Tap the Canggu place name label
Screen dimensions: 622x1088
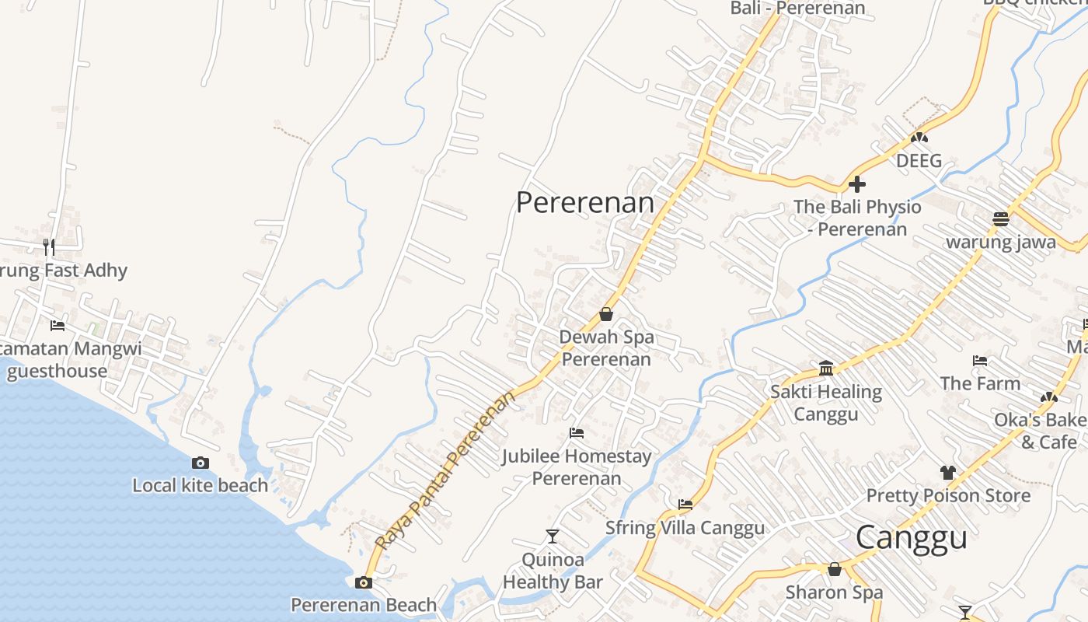911,538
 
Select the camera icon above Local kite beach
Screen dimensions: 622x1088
200,463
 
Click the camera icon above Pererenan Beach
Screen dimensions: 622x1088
363,582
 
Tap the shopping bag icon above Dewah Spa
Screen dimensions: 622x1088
606,315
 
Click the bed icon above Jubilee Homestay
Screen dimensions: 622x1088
577,433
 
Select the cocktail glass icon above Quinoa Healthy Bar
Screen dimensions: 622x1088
553,536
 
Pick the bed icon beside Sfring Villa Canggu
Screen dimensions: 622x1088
685,505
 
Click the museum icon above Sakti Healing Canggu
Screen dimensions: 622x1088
826,368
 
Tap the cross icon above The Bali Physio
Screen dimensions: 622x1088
857,184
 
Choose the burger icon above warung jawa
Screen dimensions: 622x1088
1001,218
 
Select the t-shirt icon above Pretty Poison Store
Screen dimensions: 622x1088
947,472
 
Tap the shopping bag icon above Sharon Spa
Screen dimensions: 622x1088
835,570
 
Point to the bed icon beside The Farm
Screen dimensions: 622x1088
980,361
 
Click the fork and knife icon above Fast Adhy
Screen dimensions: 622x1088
49,247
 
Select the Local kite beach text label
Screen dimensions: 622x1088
200,486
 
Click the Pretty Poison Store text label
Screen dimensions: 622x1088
948,495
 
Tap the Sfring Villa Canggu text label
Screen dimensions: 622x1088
685,529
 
